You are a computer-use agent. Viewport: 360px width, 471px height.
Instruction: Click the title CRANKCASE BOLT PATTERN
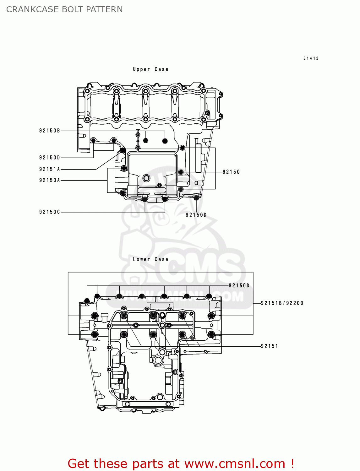pos(64,9)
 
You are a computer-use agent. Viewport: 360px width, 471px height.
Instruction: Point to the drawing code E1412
pos(311,58)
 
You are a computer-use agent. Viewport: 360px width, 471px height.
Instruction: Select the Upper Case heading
pos(150,69)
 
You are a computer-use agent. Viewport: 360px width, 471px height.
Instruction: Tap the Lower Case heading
pos(150,259)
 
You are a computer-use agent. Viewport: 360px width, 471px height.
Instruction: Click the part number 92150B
pos(50,131)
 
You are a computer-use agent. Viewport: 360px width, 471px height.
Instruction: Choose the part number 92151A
pos(50,169)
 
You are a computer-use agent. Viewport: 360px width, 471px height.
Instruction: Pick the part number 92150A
pos(50,180)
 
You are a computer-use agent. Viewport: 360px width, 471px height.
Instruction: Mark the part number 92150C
pos(50,212)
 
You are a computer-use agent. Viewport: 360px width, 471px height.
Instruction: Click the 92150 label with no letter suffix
pos(231,172)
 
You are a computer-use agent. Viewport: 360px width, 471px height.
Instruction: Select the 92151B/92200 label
pos(282,303)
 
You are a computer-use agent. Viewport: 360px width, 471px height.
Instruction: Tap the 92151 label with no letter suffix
pos(270,346)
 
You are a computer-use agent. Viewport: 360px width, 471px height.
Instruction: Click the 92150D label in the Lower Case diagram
pos(239,285)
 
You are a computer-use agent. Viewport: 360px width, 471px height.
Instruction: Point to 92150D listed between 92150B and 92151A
pos(50,158)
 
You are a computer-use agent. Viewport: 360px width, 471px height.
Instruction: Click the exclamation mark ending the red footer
pos(292,463)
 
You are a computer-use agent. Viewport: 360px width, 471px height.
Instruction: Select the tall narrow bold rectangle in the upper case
pos(198,158)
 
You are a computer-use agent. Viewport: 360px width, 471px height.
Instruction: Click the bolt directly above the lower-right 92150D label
pos(196,198)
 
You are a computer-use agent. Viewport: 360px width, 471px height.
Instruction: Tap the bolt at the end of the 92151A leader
pos(123,151)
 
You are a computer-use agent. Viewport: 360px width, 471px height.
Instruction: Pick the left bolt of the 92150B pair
pos(145,140)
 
